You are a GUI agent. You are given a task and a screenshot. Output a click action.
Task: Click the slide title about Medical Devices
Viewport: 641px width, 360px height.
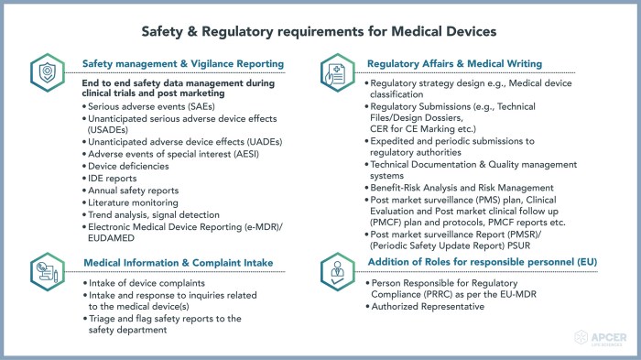(320, 30)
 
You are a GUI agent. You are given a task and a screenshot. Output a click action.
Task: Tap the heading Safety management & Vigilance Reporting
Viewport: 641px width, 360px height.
(183, 64)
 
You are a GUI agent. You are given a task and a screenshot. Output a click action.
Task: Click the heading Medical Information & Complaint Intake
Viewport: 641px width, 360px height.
(179, 263)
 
